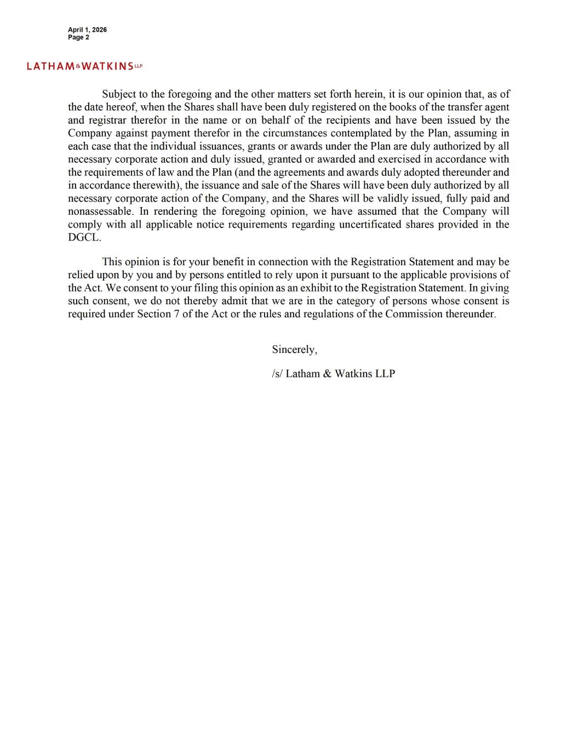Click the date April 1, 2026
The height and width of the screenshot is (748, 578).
pos(87,30)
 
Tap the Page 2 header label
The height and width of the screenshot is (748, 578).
pos(78,37)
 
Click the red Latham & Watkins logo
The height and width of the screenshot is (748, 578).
pos(84,66)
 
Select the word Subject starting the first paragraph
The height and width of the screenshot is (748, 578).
pos(119,94)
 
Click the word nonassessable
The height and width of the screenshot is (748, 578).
pos(100,212)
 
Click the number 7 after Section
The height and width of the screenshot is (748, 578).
pos(177,315)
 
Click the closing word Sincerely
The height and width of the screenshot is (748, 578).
pos(294,350)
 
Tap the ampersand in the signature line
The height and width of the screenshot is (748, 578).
pos(328,374)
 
